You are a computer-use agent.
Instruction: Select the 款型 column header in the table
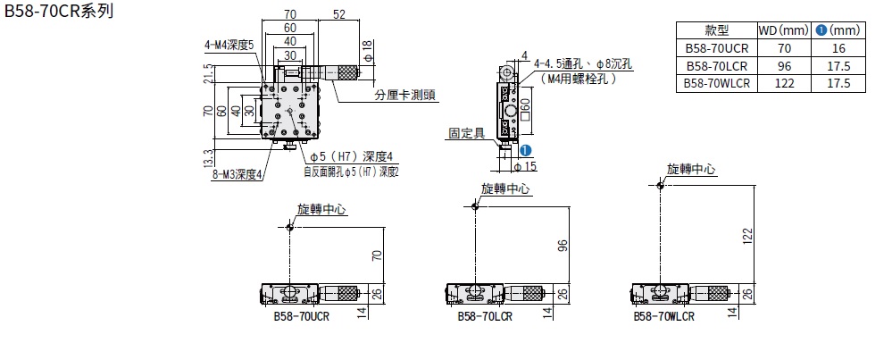coord(717,31)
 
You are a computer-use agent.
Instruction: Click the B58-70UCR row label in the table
coord(717,49)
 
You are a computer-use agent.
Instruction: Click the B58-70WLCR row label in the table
coord(717,83)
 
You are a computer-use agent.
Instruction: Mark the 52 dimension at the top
coord(339,15)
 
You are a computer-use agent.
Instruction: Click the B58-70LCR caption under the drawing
coord(483,316)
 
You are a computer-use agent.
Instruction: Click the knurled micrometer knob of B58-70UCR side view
coord(339,293)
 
